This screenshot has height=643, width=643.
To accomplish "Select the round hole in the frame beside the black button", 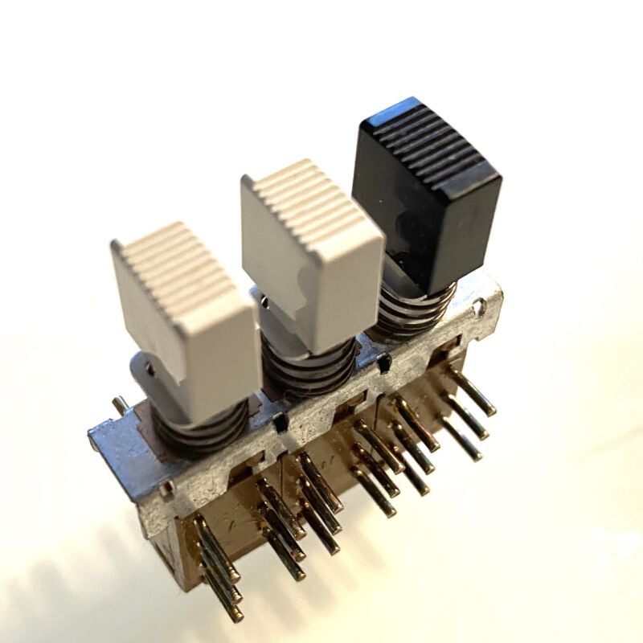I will coord(480,305).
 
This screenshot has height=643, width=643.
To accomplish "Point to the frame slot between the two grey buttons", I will coord(279,420).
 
